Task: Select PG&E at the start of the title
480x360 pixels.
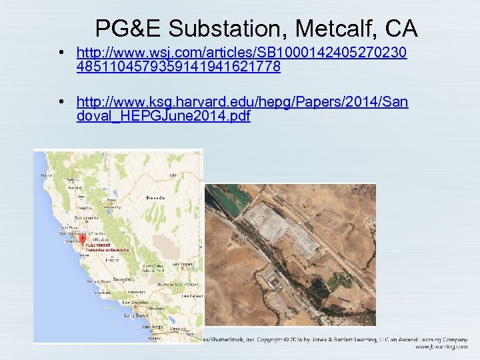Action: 128,29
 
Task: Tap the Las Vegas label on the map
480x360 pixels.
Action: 182,264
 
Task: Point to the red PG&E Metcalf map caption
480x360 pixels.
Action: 97,245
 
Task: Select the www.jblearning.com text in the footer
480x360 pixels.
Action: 441,347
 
